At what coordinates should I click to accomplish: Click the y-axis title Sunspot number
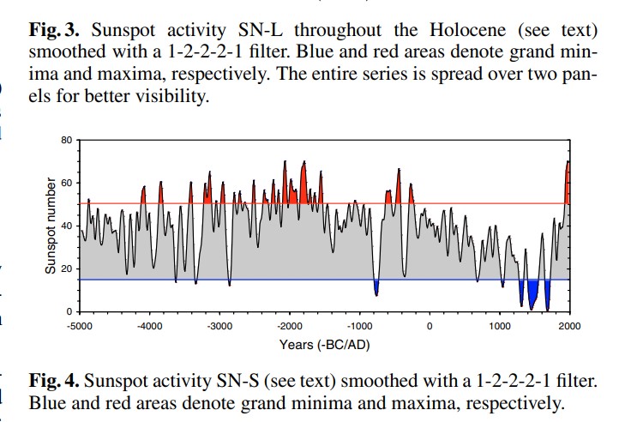click(x=50, y=226)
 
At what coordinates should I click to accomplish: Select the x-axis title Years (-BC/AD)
click(x=324, y=344)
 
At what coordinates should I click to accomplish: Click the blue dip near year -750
click(x=376, y=287)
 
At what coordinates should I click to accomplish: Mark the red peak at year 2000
click(x=568, y=184)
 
